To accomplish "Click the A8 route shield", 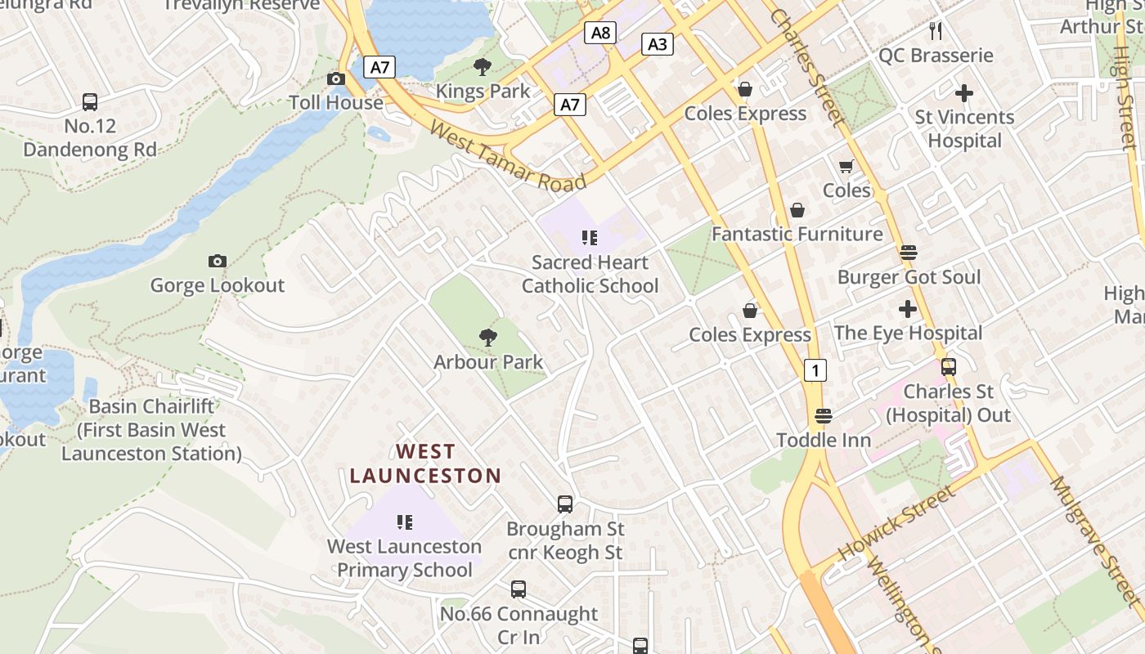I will click(600, 33).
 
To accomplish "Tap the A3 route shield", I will click(658, 44).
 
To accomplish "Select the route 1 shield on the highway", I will click(815, 370).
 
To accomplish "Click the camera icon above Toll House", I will click(336, 79).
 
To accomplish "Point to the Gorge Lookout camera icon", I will click(217, 262).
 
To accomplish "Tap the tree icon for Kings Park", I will click(483, 67).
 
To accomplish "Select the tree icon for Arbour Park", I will click(488, 338).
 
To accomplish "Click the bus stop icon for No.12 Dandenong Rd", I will click(90, 102).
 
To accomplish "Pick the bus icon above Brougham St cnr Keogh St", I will click(565, 504).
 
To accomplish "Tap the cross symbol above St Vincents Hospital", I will click(964, 93).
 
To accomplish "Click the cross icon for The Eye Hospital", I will click(907, 309).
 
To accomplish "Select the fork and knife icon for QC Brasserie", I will click(936, 31).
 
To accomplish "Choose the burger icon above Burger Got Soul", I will click(908, 253).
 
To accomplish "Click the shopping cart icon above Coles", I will click(846, 167).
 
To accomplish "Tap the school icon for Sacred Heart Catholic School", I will click(590, 238).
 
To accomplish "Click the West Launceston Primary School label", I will click(405, 558).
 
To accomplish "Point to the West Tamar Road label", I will click(507, 155).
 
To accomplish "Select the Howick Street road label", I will click(896, 523).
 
